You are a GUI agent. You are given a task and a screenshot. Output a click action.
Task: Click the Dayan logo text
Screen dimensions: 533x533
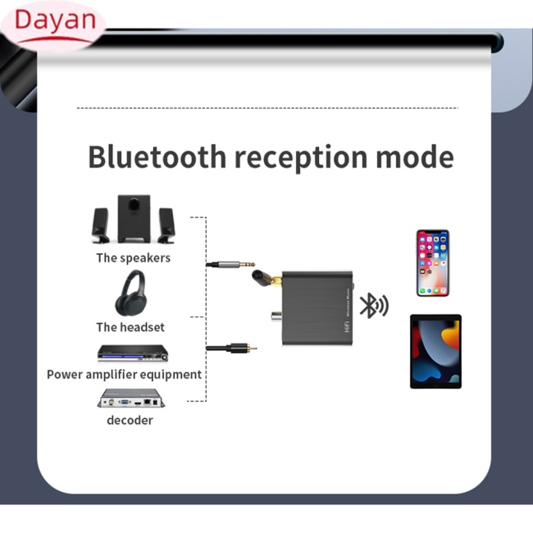(56, 20)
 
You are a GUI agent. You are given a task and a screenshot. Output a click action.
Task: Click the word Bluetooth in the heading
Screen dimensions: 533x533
(157, 157)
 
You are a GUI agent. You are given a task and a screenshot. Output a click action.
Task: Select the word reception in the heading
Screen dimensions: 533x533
(301, 158)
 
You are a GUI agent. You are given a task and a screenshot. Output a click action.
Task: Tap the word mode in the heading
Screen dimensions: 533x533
(415, 157)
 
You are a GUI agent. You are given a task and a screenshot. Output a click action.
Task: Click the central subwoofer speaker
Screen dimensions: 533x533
(134, 219)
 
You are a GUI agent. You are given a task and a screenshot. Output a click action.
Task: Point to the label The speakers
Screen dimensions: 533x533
(133, 258)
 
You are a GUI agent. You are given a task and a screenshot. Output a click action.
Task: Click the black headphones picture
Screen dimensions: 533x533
(131, 293)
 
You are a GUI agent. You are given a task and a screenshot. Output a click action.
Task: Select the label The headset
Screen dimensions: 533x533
(130, 327)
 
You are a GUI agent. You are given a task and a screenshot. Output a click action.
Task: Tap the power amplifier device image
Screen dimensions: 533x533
(133, 353)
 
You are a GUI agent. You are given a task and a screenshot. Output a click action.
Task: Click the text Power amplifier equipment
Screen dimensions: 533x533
(124, 375)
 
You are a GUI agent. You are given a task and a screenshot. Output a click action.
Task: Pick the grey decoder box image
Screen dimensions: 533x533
(131, 398)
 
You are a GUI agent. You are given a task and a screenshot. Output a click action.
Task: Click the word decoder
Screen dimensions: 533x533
(130, 421)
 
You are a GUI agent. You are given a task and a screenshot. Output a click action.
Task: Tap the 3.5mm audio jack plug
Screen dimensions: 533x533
(230, 264)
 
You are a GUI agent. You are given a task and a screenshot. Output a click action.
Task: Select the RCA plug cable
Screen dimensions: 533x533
(231, 348)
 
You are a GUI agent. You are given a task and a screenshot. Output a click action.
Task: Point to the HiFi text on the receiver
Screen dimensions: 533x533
(347, 326)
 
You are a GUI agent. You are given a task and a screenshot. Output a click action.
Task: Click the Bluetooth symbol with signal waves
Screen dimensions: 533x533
(374, 305)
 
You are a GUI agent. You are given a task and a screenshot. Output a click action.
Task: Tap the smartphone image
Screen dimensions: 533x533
(433, 262)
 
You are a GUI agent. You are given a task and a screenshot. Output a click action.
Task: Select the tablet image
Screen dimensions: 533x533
(435, 352)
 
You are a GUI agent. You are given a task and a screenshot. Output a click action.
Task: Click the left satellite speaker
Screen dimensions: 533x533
(101, 225)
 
